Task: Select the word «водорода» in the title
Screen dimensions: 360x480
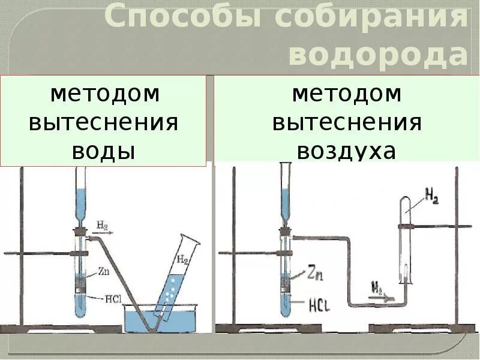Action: (378, 55)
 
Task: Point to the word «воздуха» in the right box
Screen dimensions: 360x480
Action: (347, 151)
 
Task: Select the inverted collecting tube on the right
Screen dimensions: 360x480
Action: (406, 240)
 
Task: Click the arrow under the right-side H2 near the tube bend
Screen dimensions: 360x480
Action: (379, 295)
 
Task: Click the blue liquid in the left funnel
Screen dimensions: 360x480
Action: (81, 204)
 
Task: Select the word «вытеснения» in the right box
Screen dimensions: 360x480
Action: (347, 122)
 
